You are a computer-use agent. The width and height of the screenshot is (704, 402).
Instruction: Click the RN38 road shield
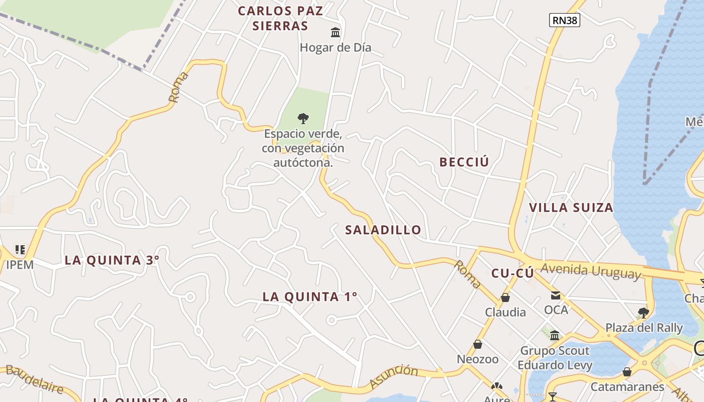tap(565, 20)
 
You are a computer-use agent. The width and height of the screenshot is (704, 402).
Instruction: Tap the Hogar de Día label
tap(335, 48)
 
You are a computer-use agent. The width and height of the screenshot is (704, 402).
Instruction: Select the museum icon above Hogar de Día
tap(335, 33)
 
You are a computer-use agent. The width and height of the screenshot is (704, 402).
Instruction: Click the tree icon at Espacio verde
tap(303, 119)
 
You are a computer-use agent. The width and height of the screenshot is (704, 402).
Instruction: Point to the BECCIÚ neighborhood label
tap(464, 162)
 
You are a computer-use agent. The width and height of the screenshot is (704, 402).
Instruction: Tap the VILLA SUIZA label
tap(571, 208)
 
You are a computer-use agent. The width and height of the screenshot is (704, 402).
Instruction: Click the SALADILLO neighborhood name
tap(383, 230)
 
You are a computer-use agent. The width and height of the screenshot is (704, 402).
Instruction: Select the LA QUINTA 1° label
tap(310, 296)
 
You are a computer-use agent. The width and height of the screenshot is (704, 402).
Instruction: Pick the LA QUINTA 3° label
tap(112, 260)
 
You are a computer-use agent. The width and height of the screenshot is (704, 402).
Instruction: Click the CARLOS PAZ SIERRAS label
tap(281, 18)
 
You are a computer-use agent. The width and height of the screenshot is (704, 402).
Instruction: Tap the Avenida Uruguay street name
tap(591, 271)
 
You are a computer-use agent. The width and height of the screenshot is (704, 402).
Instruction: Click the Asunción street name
tap(393, 376)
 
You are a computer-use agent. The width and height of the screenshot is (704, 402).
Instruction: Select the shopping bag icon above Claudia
tap(505, 297)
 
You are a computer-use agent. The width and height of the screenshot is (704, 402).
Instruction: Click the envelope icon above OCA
tap(556, 295)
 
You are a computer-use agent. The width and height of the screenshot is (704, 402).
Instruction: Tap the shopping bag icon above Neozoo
tap(478, 344)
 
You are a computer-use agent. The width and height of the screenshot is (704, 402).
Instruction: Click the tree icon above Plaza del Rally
tap(643, 313)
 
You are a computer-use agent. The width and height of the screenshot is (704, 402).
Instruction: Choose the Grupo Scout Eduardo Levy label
tap(555, 358)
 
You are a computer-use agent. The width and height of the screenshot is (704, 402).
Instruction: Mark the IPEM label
tap(20, 264)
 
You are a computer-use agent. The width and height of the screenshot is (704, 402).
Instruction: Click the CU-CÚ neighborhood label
tap(512, 273)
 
